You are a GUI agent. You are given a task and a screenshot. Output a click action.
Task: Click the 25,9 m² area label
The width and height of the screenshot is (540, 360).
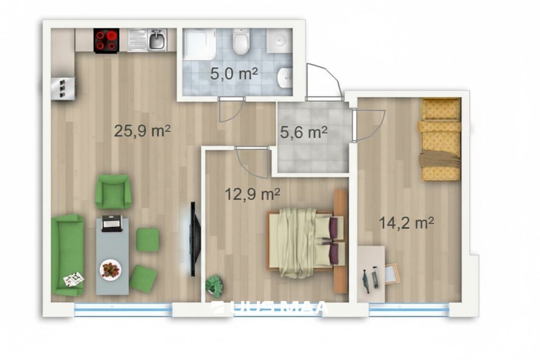click(142, 131)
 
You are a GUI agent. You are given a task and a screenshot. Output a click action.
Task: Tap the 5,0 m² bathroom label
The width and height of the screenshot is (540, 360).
click(234, 74)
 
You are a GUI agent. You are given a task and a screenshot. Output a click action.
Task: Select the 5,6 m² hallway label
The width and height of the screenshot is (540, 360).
click(303, 132)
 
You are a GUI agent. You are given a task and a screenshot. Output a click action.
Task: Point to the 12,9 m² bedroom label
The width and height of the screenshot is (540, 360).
click(252, 194)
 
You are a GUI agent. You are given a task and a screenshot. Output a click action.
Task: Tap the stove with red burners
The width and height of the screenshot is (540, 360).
click(107, 40)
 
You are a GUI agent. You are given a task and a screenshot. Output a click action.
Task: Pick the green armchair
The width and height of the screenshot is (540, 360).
click(113, 192)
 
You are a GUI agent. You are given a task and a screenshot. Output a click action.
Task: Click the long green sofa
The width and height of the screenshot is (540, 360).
click(67, 255)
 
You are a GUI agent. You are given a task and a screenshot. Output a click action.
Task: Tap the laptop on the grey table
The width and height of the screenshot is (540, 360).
click(111, 223)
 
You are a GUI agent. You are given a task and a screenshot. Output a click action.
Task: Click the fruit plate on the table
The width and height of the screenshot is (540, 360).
click(110, 268)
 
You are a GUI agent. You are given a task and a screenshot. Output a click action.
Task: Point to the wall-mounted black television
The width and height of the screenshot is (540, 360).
click(195, 239)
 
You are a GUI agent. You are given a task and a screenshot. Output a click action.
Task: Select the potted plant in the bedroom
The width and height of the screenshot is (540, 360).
click(214, 286)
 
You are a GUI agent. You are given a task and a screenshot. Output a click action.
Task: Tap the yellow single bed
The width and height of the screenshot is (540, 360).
click(440, 139)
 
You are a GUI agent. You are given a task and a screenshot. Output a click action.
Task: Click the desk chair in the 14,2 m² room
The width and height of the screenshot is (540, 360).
click(392, 273)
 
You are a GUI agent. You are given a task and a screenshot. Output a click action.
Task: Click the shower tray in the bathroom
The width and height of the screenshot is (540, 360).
click(199, 44)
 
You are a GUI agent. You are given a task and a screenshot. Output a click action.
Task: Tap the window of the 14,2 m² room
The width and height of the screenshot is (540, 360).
click(409, 309)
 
